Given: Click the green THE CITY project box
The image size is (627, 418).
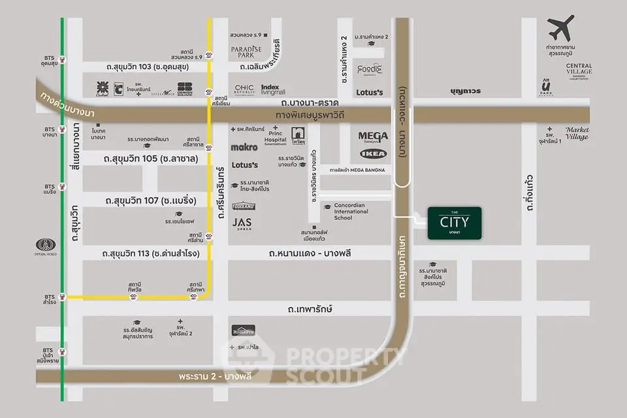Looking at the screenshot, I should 454,223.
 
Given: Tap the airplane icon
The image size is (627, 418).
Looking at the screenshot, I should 561,28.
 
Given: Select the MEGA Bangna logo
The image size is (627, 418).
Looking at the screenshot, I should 373,138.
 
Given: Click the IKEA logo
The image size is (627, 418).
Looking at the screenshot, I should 373,154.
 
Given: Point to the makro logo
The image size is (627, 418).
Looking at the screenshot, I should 244,148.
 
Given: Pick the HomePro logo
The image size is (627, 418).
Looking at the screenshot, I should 244,330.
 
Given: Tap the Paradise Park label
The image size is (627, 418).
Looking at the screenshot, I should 246,52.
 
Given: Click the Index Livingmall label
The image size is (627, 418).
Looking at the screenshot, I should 274,90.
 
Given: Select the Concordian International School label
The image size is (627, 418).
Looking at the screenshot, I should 352,211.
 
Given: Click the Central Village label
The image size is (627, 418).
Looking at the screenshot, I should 579,69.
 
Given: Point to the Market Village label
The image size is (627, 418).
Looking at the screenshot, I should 577,133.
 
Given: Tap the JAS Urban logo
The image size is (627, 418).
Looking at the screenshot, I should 242,223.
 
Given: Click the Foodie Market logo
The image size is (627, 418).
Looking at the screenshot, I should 369,69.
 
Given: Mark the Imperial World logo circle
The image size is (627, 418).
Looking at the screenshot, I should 46,246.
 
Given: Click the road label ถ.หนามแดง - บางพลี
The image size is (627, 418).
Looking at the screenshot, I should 310,253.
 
